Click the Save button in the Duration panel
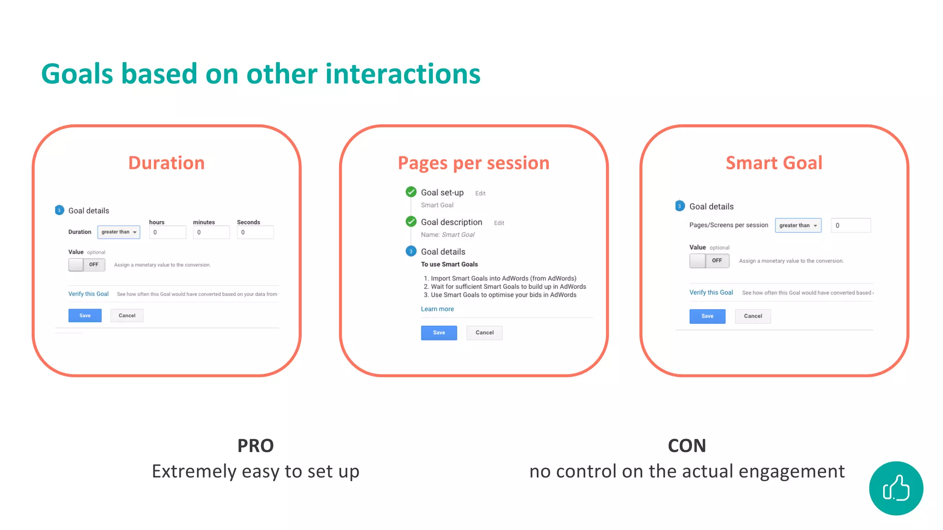coord(85,316)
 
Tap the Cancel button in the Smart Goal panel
coord(752,316)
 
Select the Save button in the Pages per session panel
coord(438,333)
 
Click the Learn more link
coord(437,309)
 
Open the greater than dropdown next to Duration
coord(119,232)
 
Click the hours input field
coord(167,232)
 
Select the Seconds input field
coord(255,232)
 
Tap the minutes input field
coord(211,232)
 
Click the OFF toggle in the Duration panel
coord(87,265)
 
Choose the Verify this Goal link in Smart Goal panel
coord(710,293)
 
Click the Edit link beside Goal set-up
coord(480,194)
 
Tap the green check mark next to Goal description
coord(411,222)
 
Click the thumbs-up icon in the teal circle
coord(896,488)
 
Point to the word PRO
coord(255,446)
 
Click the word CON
coord(687,446)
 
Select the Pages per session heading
coord(473,163)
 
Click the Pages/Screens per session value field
coord(850,225)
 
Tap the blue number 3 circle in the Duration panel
coord(59,210)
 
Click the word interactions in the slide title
coord(402,74)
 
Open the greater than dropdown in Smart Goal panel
coord(797,225)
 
